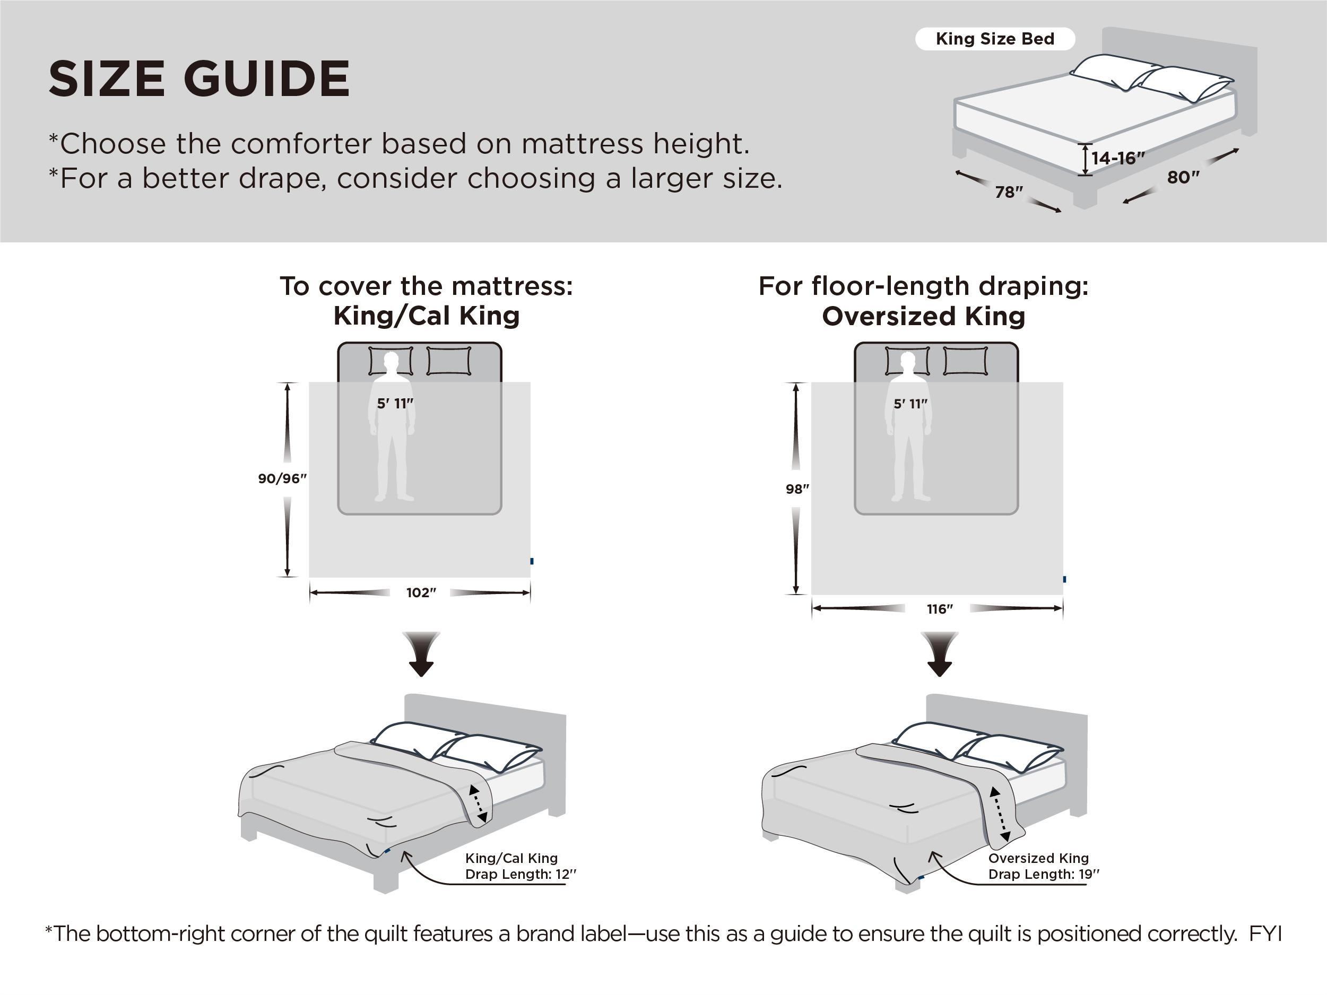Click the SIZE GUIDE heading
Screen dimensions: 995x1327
[198, 78]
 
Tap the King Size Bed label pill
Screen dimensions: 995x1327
[995, 39]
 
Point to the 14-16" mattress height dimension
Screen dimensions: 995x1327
[1117, 159]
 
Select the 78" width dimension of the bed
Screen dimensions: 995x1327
[1009, 192]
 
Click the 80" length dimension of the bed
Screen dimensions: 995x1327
[1183, 178]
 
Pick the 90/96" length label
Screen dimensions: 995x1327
[282, 478]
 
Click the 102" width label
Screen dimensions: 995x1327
[421, 592]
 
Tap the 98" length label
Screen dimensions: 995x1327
[797, 489]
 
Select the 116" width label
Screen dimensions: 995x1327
[940, 609]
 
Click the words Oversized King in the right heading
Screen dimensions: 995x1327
[923, 316]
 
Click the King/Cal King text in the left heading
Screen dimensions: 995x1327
[426, 316]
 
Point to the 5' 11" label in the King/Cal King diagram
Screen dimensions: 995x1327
[395, 404]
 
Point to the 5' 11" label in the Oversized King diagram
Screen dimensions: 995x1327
[910, 404]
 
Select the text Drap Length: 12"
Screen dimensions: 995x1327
[520, 874]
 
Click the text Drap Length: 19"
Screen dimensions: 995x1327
[1043, 874]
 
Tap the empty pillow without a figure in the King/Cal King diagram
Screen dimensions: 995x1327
[449, 361]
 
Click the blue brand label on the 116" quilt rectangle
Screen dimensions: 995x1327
[1064, 579]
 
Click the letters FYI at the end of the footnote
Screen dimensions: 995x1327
[1265, 934]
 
